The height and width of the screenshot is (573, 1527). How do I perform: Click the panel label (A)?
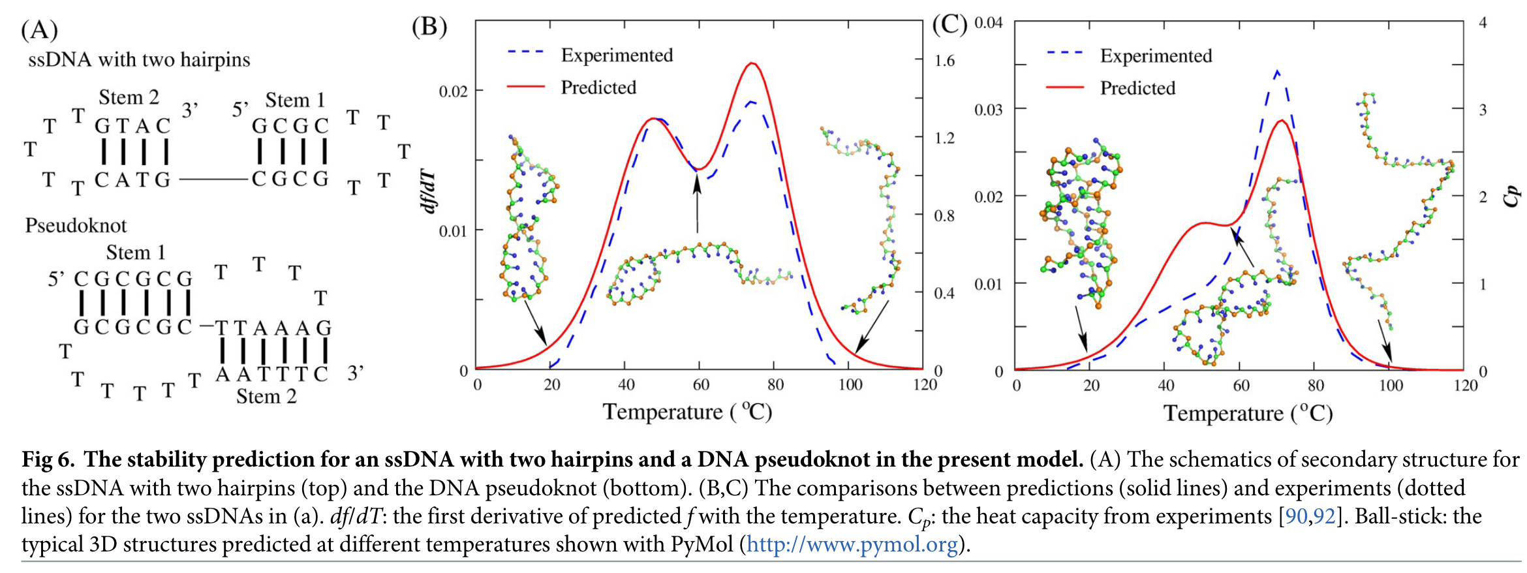click(39, 30)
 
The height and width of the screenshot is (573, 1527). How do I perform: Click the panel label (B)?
click(429, 27)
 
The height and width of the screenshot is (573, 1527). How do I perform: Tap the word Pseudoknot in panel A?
click(76, 226)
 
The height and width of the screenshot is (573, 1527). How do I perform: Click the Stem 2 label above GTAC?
click(129, 98)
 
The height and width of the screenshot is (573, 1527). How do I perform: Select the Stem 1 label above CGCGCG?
click(136, 253)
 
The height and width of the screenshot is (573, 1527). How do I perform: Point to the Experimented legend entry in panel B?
click(616, 55)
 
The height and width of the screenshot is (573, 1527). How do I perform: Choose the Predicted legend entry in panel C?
click(1137, 88)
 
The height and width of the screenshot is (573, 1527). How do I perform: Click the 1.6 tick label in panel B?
click(944, 61)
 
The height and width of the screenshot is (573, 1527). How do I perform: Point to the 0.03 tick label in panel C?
click(988, 110)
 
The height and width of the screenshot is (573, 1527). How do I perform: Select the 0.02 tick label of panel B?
click(453, 91)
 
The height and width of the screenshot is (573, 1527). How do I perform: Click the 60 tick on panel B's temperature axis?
click(700, 385)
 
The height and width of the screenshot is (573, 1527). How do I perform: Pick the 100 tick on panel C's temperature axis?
click(1391, 386)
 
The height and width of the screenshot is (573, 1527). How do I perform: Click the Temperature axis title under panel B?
click(686, 412)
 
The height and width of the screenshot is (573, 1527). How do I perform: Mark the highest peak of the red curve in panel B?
click(752, 63)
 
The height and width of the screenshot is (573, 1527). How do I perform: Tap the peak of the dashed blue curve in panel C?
click(1277, 71)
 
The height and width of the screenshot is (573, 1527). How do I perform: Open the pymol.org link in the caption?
click(852, 544)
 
